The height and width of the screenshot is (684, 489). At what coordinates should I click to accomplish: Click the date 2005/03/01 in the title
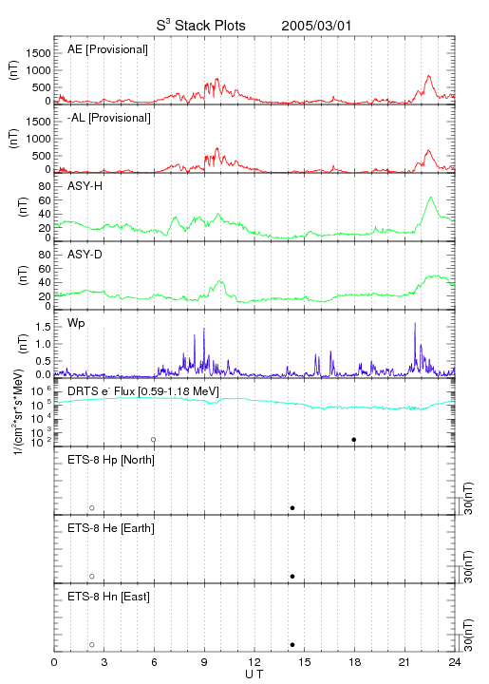pos(316,26)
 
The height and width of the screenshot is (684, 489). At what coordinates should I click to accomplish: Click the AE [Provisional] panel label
pos(107,49)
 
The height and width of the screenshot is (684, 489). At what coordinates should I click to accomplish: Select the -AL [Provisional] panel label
pos(109,118)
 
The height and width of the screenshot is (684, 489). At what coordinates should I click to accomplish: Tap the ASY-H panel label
pos(85,186)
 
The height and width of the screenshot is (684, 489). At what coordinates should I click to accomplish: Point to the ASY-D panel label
pos(85,255)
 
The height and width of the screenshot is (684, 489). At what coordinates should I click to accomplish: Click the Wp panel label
pos(76,324)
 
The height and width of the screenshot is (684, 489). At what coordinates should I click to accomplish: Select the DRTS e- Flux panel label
pos(143,391)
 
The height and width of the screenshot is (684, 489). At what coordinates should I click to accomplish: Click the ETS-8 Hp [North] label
pos(111,460)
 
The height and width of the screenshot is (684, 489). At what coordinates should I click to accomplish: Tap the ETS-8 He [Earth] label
pos(111,528)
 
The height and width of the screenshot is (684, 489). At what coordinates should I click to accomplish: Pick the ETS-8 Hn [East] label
pos(108,597)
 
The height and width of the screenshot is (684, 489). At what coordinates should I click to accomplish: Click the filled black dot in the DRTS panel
pos(354,440)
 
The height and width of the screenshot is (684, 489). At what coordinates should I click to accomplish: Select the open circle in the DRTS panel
pos(154,440)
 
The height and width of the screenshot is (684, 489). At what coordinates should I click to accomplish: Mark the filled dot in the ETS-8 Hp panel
pos(292,508)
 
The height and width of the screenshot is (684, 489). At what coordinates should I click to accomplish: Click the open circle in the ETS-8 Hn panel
pos(92,645)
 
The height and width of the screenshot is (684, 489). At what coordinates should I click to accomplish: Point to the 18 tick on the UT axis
pos(355,662)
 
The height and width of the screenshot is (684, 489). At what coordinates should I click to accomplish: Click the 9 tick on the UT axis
pos(204,662)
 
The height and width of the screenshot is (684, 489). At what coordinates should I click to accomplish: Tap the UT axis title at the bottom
pos(254,674)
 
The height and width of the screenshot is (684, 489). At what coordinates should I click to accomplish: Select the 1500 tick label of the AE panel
pos(38,53)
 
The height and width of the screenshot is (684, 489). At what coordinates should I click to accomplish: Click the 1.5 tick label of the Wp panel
pos(43,327)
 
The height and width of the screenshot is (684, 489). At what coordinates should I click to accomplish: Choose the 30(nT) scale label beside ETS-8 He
pos(468,566)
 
